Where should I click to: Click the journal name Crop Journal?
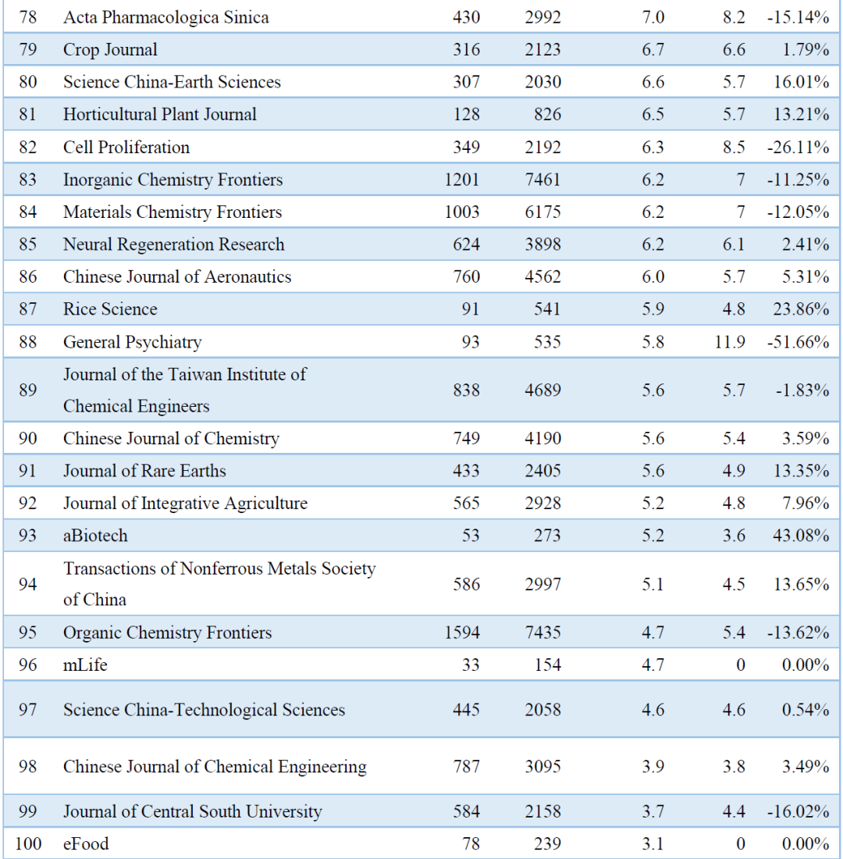[110, 50]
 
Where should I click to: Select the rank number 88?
[28, 342]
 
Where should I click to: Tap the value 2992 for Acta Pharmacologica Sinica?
[542, 17]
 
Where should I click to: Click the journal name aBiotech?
[95, 536]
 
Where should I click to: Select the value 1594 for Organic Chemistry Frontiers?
[462, 633]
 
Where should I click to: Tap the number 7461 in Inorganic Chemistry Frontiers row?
[542, 180]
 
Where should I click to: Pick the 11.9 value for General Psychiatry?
[730, 342]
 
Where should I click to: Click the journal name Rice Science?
[110, 309]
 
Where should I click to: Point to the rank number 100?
[28, 843]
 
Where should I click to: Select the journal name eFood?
[86, 843]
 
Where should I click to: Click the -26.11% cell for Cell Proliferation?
[798, 147]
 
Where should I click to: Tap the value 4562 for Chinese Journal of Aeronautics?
[542, 276]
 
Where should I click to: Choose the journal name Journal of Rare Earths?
[144, 471]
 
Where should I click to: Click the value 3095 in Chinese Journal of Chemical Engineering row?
[542, 767]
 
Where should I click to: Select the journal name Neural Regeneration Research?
[173, 244]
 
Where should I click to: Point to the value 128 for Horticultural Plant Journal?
[466, 115]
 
